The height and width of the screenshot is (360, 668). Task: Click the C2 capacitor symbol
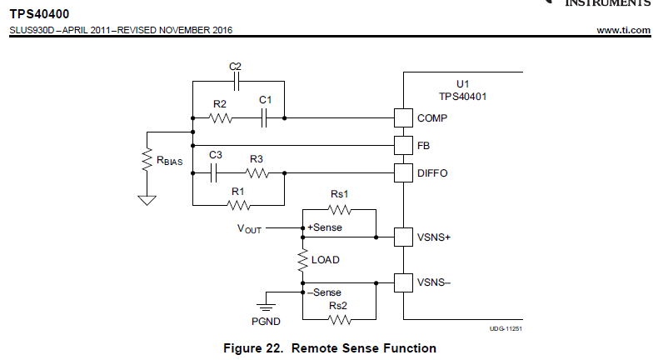(237, 81)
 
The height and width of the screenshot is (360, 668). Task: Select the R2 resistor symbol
(221, 118)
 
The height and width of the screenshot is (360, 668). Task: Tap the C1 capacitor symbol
(264, 118)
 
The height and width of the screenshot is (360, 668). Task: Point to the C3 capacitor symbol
(215, 173)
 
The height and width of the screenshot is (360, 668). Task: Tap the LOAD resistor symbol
(301, 260)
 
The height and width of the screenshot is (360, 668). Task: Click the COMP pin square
(403, 118)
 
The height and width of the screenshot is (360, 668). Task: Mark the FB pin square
(403, 145)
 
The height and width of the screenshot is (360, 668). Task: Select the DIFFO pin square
(403, 173)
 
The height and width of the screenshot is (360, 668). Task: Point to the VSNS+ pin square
(403, 237)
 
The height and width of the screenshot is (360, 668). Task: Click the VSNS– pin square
(403, 283)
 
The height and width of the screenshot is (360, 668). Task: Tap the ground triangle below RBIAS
(147, 199)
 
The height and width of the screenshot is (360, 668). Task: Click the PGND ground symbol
(267, 299)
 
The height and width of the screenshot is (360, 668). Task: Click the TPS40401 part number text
(463, 97)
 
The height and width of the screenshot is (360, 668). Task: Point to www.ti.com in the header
(624, 31)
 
